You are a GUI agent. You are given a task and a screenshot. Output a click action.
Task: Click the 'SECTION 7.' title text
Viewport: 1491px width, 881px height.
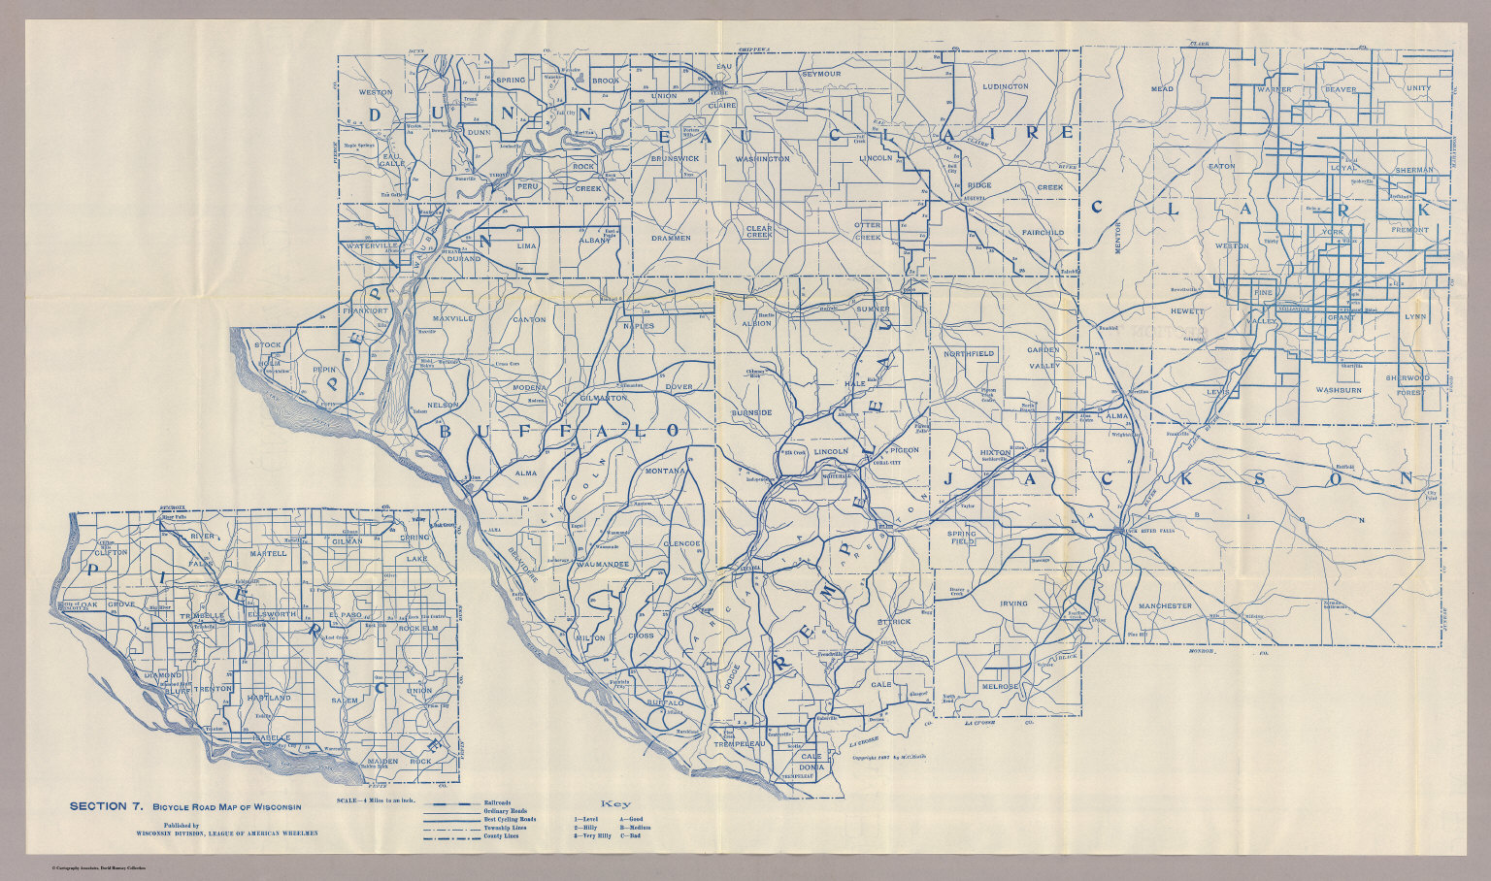pyautogui.click(x=107, y=805)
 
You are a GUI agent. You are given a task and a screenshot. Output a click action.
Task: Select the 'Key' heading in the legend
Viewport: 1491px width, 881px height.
pyautogui.click(x=615, y=804)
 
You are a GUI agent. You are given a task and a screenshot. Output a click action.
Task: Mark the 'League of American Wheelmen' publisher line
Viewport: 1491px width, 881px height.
pyautogui.click(x=227, y=832)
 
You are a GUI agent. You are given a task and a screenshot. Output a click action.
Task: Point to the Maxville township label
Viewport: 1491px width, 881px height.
pyautogui.click(x=452, y=318)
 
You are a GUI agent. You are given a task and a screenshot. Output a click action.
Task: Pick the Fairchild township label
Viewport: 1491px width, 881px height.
pyautogui.click(x=1043, y=233)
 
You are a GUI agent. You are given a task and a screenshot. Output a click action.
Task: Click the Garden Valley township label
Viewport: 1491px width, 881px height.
pyautogui.click(x=1044, y=358)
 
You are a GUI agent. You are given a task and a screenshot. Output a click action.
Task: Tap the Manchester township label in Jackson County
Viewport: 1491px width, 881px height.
pyautogui.click(x=1165, y=605)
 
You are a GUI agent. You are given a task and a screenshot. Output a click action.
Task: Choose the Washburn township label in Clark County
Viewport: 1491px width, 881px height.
pyautogui.click(x=1339, y=389)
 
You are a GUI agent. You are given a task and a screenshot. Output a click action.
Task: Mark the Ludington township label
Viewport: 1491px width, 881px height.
pyautogui.click(x=1005, y=86)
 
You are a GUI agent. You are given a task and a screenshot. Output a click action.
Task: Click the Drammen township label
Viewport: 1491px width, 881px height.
pyautogui.click(x=671, y=238)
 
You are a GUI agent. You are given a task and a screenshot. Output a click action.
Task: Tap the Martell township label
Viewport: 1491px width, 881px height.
pyautogui.click(x=268, y=553)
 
